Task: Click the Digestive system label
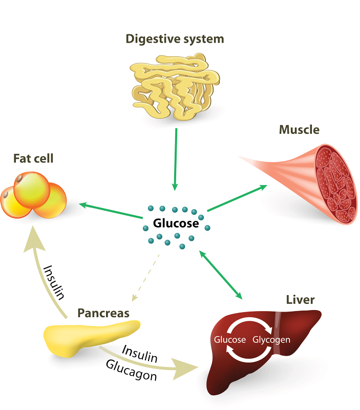[x=175, y=39]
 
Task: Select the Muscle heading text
[x=299, y=130]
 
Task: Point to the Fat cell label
[x=33, y=159]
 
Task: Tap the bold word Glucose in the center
[x=176, y=224]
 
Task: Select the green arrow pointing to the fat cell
[x=110, y=211]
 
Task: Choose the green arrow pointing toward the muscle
[x=237, y=198]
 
